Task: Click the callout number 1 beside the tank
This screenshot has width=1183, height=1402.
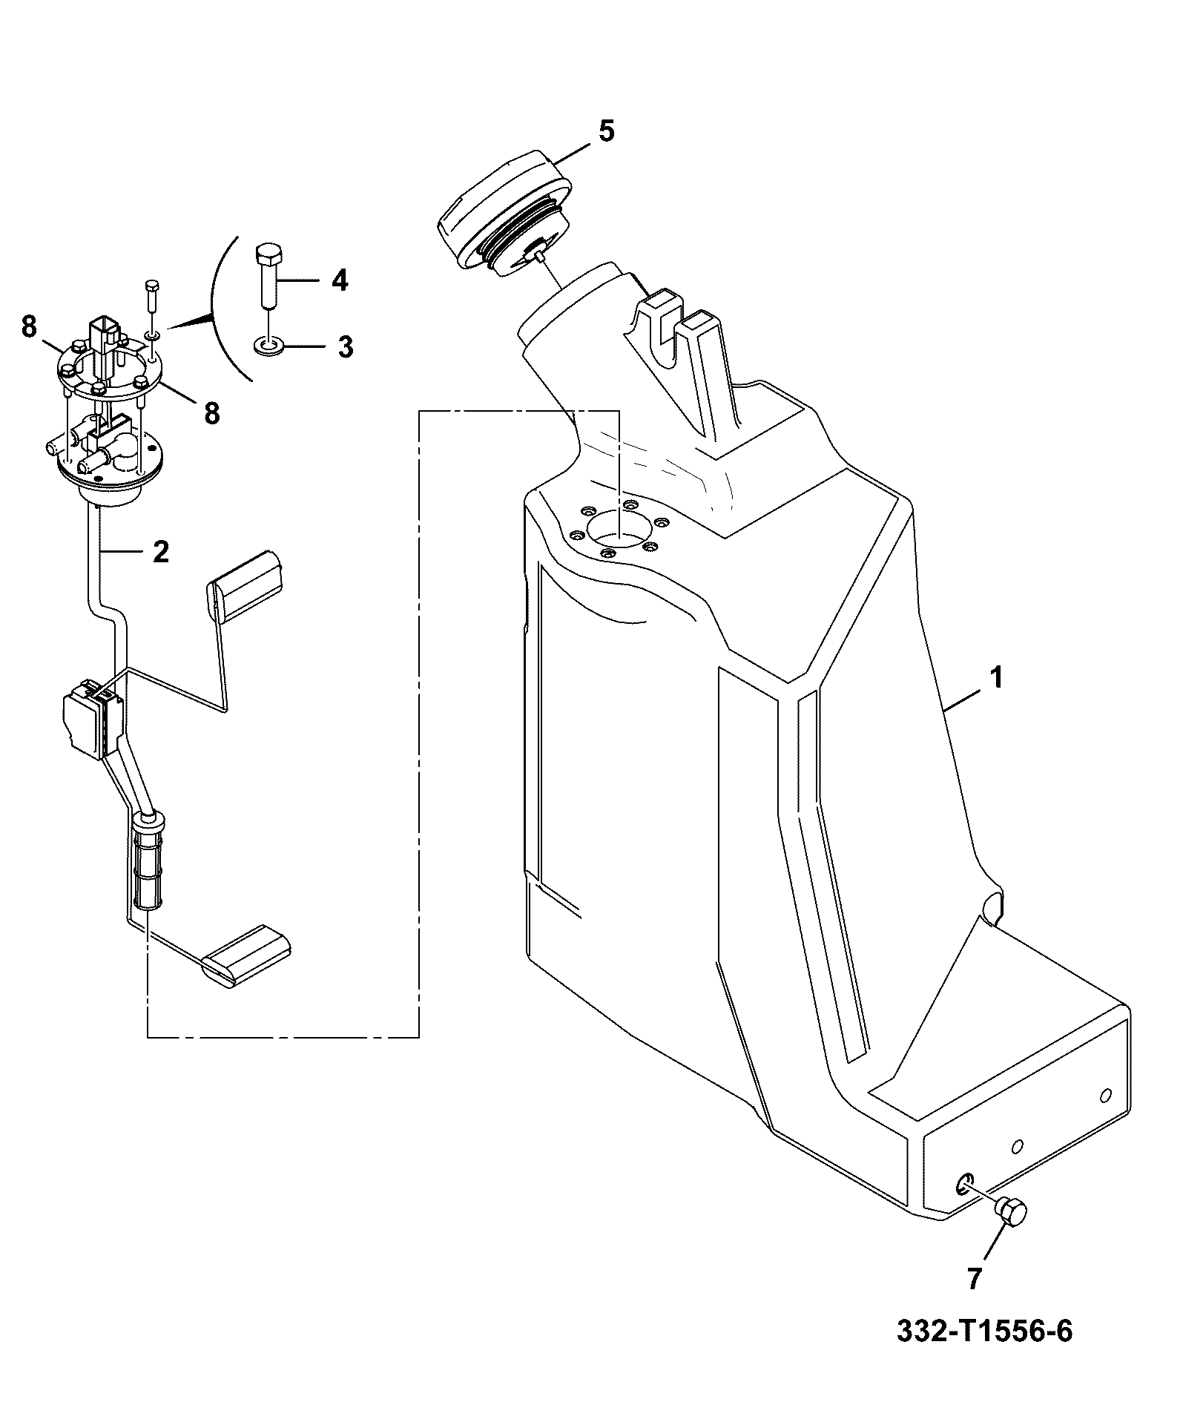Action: pos(997,678)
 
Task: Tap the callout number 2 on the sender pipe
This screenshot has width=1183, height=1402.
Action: pos(160,551)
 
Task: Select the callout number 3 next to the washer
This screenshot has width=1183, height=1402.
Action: pos(345,347)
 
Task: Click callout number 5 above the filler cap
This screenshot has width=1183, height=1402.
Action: pos(606,131)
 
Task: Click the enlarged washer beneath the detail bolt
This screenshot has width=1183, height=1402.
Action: pos(267,345)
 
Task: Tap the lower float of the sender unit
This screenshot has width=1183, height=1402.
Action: pos(246,956)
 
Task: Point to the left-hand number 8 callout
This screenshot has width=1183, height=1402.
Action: pos(29,326)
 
